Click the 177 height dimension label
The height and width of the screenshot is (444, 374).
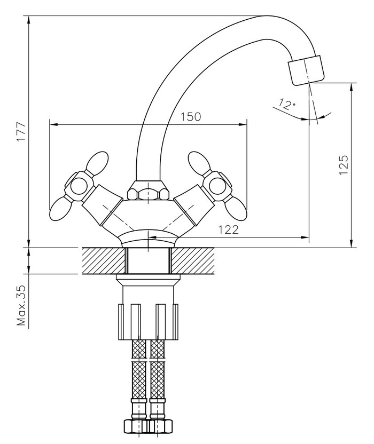21,132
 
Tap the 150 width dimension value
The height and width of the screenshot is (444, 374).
191,117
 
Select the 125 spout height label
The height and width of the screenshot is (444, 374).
343,165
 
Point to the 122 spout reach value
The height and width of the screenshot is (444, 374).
228,229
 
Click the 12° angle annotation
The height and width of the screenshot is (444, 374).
286,104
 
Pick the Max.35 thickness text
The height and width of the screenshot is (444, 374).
21,305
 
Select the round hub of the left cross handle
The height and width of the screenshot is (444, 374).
79,187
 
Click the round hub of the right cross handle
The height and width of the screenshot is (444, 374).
217,186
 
